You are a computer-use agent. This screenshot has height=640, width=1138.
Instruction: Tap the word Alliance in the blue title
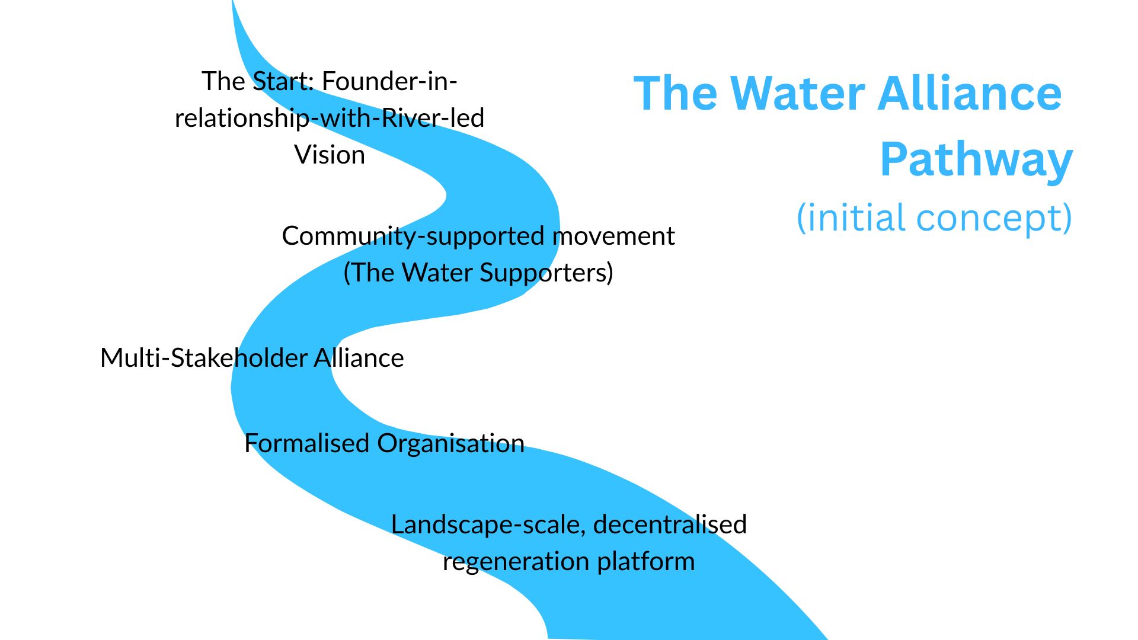point(970,94)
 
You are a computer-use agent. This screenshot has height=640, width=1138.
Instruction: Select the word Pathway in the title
point(977,160)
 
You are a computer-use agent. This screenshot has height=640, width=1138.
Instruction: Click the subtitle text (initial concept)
point(935,218)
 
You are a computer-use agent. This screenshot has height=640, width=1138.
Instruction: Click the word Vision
point(330,155)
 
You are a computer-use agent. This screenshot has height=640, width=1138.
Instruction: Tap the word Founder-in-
point(389,81)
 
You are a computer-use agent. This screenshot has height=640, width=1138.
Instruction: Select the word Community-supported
point(414,236)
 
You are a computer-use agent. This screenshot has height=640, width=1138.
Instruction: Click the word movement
point(613,236)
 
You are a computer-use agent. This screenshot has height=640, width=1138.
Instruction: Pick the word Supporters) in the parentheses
point(546,273)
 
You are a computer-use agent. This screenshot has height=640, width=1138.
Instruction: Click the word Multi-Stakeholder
point(203,358)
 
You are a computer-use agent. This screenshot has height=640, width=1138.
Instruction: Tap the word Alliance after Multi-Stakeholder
point(359,358)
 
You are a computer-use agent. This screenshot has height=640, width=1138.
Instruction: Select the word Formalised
point(307,443)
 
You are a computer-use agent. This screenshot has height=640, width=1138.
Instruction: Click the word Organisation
point(450,443)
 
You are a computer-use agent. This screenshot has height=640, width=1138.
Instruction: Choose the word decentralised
point(670,524)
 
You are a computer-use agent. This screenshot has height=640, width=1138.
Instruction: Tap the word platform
point(646,562)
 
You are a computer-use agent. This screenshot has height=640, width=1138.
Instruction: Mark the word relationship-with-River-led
point(330,118)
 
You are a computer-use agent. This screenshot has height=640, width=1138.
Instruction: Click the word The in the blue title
point(676,94)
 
